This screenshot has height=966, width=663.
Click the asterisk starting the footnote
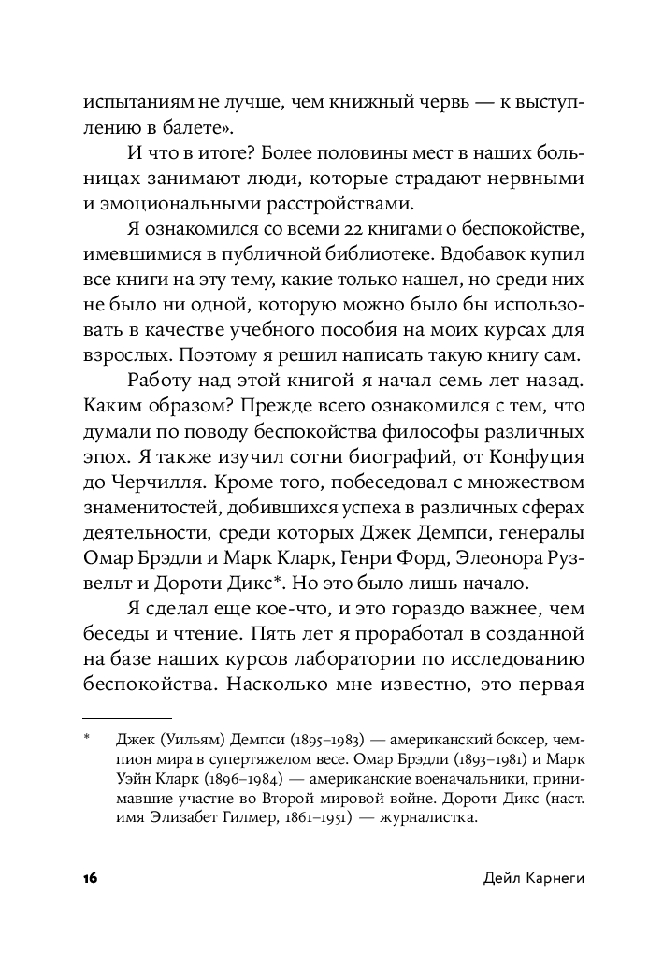coord(86,738)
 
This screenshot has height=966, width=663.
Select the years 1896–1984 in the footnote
coord(212,778)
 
